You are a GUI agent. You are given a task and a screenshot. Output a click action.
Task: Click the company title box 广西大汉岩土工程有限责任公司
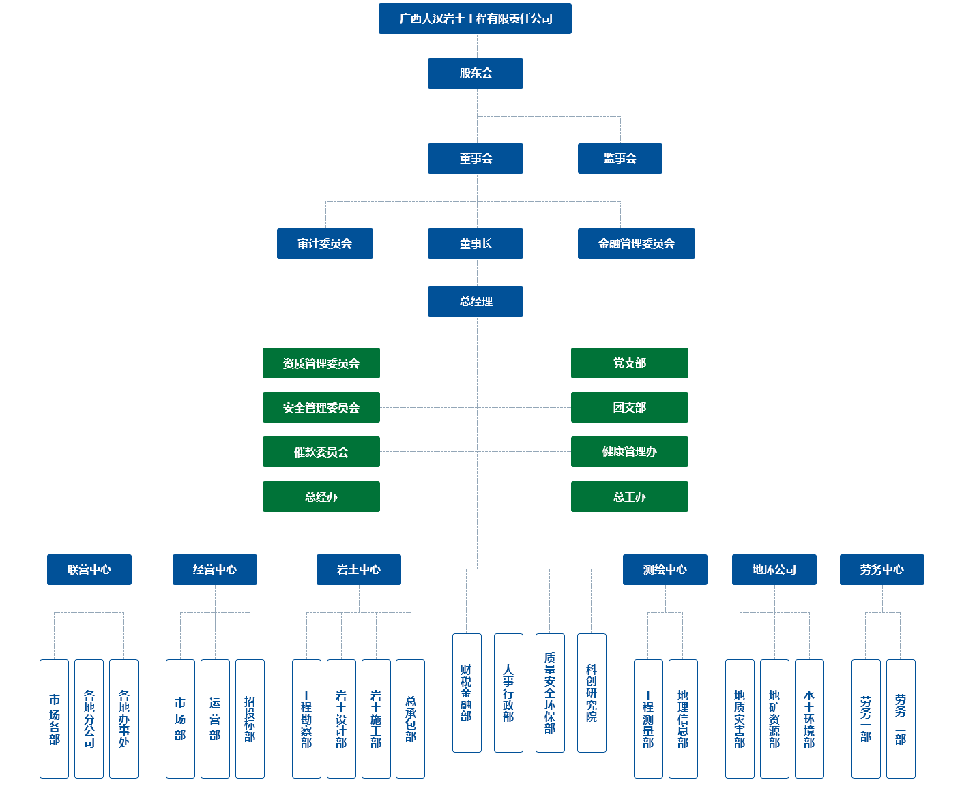click(x=475, y=19)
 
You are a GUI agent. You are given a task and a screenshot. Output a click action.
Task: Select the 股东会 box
click(x=475, y=73)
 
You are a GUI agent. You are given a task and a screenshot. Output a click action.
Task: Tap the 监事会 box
click(x=620, y=158)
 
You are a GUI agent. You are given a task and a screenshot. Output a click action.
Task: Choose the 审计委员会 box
click(x=325, y=243)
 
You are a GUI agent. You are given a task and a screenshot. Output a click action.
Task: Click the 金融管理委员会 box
click(x=636, y=243)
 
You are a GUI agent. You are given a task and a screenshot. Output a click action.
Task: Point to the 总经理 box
click(x=475, y=301)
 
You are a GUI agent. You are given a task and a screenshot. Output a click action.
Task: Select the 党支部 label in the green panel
click(x=629, y=363)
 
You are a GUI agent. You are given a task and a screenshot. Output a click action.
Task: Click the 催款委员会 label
click(x=321, y=452)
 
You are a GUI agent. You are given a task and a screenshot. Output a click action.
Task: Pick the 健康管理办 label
click(x=629, y=451)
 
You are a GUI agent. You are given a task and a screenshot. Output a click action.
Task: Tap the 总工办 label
click(x=629, y=497)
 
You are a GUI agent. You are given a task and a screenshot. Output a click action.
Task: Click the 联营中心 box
click(x=89, y=569)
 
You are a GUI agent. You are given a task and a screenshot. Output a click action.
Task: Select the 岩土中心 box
click(x=358, y=569)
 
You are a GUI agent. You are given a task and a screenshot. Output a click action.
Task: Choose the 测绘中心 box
click(x=665, y=569)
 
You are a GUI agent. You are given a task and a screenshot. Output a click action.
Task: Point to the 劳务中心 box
click(x=881, y=569)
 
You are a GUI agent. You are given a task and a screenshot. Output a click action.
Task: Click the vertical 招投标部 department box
click(x=250, y=719)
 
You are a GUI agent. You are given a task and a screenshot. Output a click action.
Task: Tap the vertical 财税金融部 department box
click(x=467, y=693)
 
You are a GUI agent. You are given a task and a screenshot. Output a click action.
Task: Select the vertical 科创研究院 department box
click(x=592, y=693)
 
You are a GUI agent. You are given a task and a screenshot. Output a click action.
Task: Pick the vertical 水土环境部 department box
click(x=809, y=719)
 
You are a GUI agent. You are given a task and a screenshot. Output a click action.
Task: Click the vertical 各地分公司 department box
click(x=89, y=719)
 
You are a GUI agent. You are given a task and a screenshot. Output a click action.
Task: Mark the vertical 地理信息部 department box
click(x=683, y=719)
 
